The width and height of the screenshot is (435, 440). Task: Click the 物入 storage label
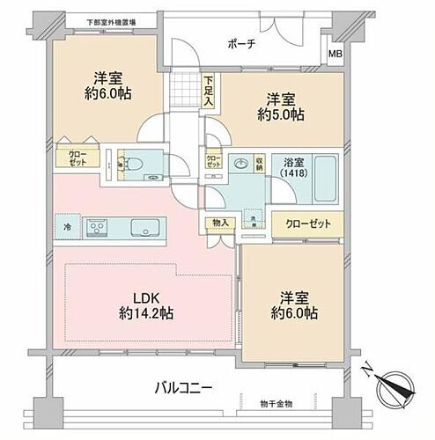tap(220, 223)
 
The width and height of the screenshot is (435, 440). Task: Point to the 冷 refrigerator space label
tap(66, 228)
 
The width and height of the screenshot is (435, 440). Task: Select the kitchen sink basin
tap(144, 229)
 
